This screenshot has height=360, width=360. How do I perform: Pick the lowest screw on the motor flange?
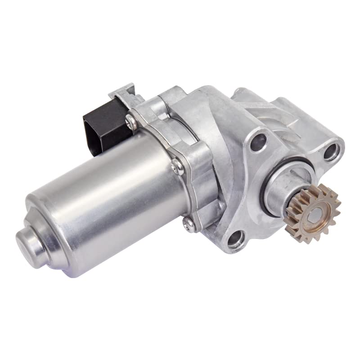click(188, 222)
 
